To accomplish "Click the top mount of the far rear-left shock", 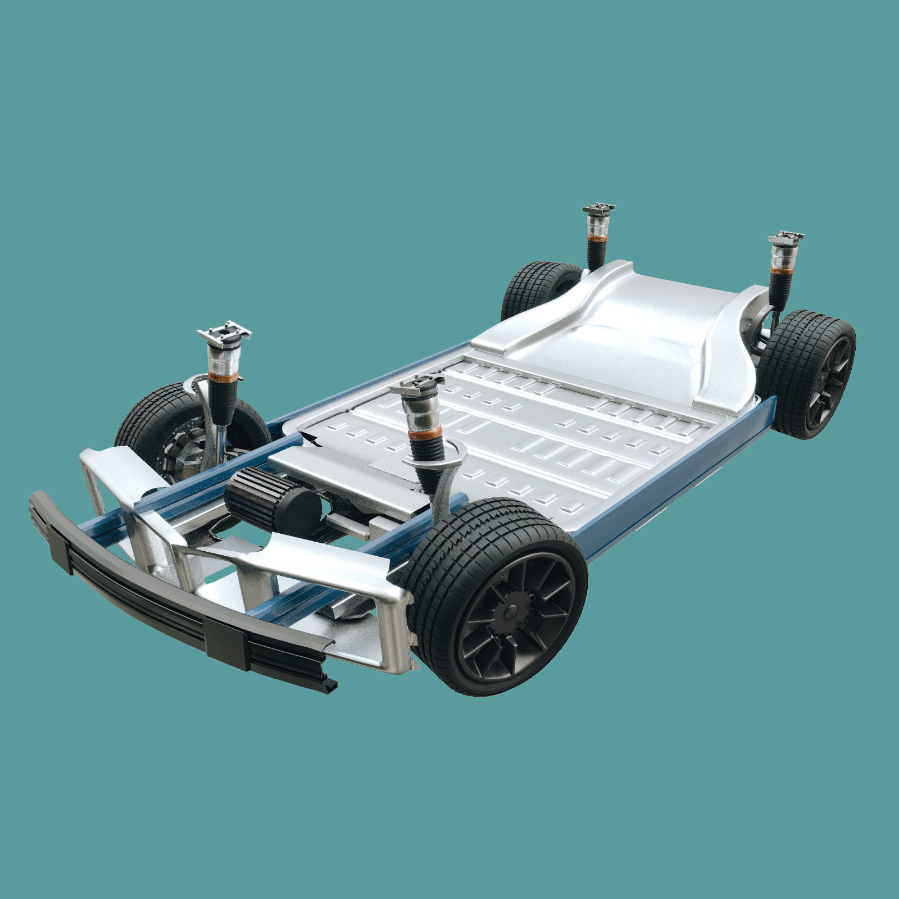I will [598, 209].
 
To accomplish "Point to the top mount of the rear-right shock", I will [786, 238].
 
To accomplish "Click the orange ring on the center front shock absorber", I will [425, 433].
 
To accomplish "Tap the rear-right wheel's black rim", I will [828, 383].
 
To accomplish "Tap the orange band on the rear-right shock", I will [781, 271].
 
